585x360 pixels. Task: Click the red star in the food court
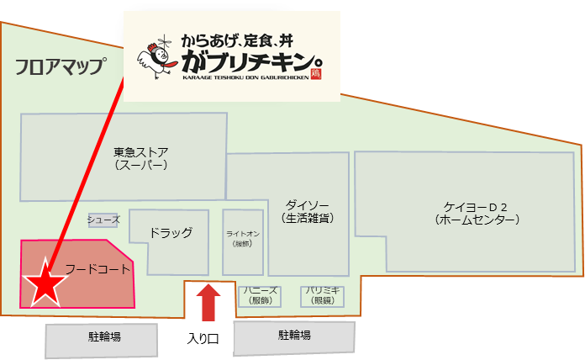pos(43,285)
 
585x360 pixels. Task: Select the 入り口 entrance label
pos(203,339)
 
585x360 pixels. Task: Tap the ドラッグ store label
pos(171,233)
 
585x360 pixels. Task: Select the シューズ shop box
pos(104,220)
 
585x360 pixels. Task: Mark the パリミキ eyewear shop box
pos(323,295)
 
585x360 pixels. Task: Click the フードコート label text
pos(98,269)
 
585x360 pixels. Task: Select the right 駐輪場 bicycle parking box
pos(294,336)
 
